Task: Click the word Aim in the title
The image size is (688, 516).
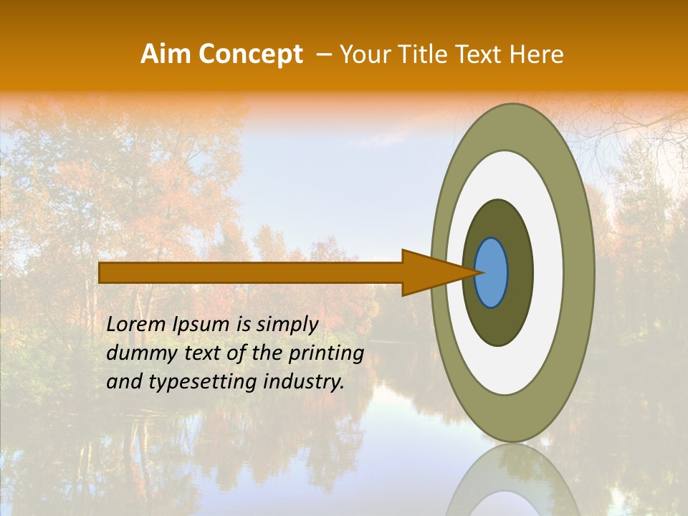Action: coord(166,54)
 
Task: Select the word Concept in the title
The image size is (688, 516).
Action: coord(249,55)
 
